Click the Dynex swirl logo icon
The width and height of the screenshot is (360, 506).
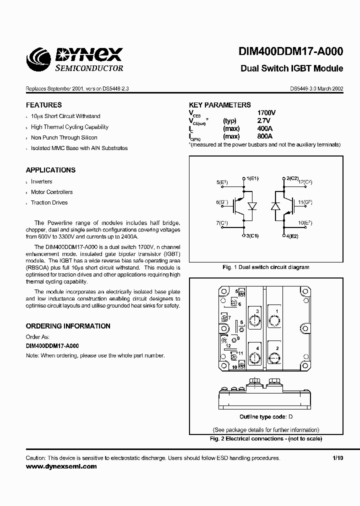point(39,60)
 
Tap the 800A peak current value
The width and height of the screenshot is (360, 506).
point(264,136)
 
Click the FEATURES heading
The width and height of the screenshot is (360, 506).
point(43,105)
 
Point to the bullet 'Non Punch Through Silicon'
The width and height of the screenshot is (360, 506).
point(64,137)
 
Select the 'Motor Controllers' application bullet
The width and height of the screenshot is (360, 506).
point(51,192)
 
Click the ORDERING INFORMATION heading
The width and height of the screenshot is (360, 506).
point(68,326)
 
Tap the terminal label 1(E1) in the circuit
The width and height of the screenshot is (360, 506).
point(252,178)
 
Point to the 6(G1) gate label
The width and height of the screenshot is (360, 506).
point(222,202)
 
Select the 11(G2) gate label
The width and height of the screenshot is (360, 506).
point(305,202)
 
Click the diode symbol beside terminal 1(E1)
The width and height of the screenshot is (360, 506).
point(253,206)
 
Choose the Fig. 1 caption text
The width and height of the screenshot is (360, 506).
point(265,267)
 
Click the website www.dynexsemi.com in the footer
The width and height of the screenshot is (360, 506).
point(61,466)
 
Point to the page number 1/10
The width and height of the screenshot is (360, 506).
point(338,458)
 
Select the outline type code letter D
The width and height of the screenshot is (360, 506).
point(290,417)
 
